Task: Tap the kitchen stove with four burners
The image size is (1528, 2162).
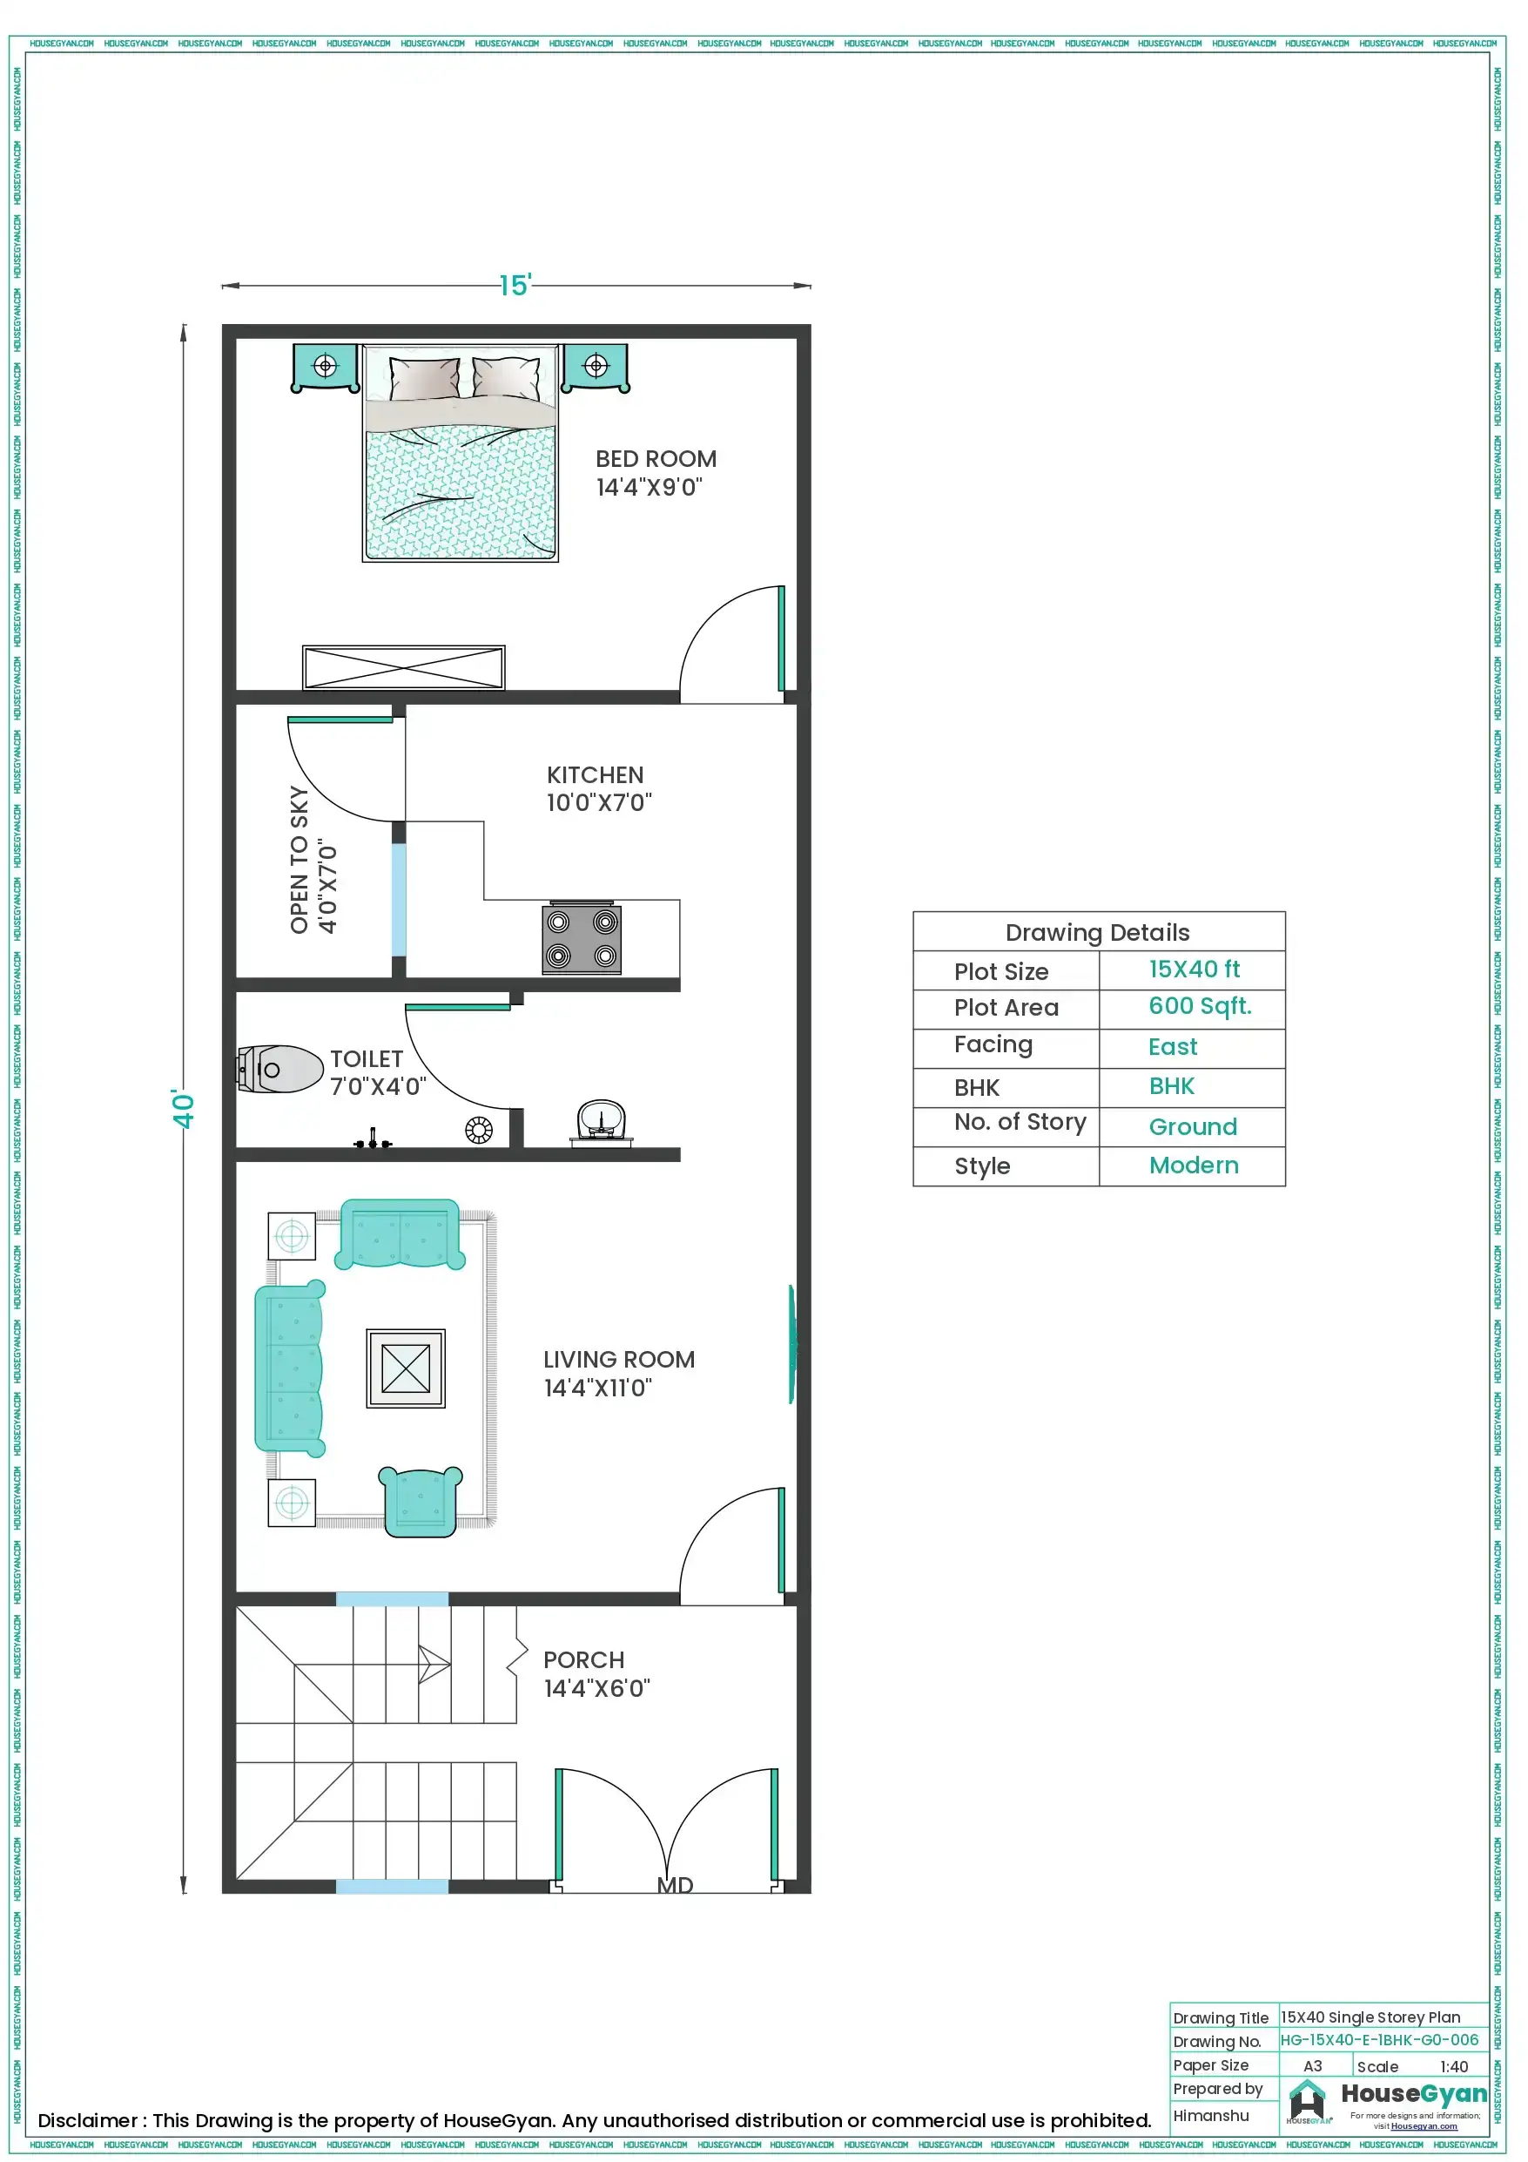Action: (581, 939)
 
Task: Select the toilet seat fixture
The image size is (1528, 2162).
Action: (279, 1070)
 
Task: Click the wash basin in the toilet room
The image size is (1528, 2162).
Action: (601, 1121)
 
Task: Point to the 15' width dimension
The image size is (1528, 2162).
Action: (515, 286)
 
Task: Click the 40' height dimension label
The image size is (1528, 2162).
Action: (183, 1108)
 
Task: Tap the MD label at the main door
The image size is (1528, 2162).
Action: (675, 1885)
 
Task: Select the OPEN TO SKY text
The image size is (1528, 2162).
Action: (300, 860)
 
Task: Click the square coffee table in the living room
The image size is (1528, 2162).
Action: (406, 1368)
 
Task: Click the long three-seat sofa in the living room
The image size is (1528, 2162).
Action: (290, 1368)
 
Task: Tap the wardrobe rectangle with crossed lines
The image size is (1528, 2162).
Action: (403, 667)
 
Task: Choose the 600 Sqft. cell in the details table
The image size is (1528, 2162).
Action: (1200, 1007)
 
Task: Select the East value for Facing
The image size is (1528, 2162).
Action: (1172, 1047)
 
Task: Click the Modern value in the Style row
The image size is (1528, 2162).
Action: (1193, 1165)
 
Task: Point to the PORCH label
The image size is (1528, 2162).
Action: (583, 1660)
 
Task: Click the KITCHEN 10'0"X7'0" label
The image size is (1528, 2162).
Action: (599, 789)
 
